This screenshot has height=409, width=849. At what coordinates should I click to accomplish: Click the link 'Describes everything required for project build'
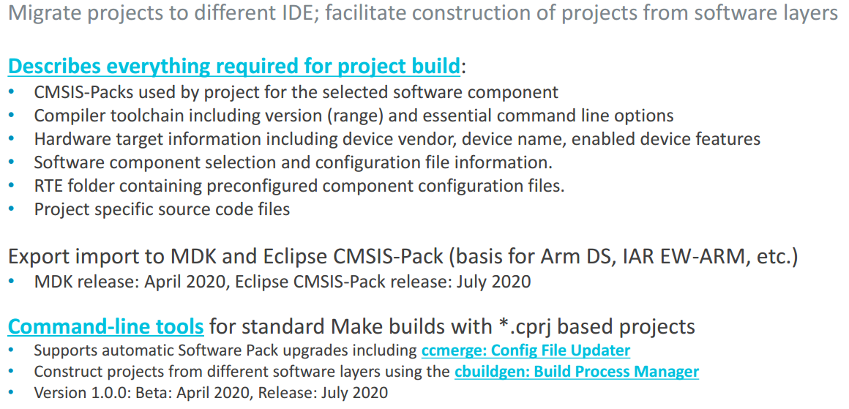pyautogui.click(x=234, y=67)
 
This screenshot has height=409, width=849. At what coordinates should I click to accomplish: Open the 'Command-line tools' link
pyautogui.click(x=105, y=327)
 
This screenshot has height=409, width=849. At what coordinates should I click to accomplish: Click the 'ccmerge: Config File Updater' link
pyautogui.click(x=526, y=350)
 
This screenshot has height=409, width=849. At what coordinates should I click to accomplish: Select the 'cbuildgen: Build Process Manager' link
pyautogui.click(x=577, y=372)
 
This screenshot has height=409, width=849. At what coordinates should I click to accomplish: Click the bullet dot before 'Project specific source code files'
pyautogui.click(x=12, y=209)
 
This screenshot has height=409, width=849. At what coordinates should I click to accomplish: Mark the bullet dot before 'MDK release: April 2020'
pyautogui.click(x=12, y=281)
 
